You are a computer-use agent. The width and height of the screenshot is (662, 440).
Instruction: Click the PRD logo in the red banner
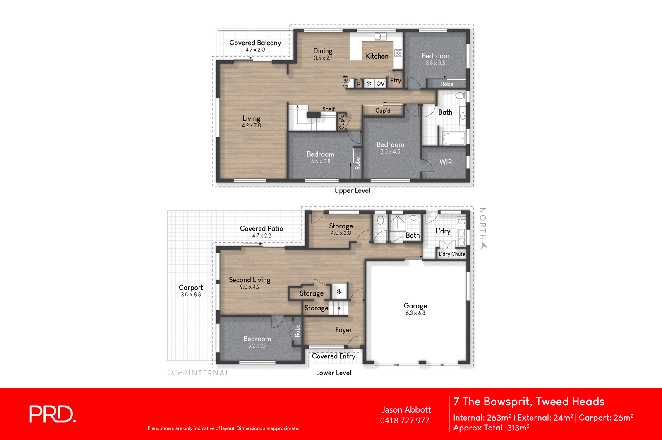pyautogui.click(x=53, y=414)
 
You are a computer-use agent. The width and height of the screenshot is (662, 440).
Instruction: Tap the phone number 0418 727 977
pyautogui.click(x=405, y=421)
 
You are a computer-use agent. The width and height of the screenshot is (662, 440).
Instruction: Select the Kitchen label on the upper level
pyautogui.click(x=377, y=56)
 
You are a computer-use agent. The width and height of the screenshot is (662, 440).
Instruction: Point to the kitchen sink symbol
pyautogui.click(x=380, y=36)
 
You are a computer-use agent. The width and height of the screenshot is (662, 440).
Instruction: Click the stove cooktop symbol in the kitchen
pyautogui.click(x=398, y=53)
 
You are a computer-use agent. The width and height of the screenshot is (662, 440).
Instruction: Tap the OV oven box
pyautogui.click(x=380, y=84)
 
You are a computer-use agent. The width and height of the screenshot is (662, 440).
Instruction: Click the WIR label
pyautogui.click(x=445, y=162)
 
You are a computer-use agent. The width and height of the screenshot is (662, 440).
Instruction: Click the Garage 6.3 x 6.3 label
pyautogui.click(x=415, y=309)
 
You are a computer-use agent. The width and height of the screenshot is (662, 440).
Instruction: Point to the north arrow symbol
pyautogui.click(x=484, y=245)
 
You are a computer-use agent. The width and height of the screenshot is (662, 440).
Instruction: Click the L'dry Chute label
pyautogui.click(x=452, y=254)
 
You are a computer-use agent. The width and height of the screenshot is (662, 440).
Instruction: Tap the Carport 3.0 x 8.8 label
pyautogui.click(x=191, y=290)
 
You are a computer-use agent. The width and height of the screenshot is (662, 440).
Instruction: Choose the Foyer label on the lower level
pyautogui.click(x=343, y=330)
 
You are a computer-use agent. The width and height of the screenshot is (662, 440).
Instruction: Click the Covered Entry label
pyautogui.click(x=333, y=356)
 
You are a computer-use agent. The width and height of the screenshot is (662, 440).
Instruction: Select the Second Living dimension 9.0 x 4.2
pyautogui.click(x=249, y=287)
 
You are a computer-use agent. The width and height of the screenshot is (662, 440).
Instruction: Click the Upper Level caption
pyautogui.click(x=352, y=190)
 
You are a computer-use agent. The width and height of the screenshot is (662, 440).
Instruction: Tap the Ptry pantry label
pyautogui.click(x=396, y=80)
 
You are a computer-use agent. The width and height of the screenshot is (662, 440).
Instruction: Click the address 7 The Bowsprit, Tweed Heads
pyautogui.click(x=529, y=402)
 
